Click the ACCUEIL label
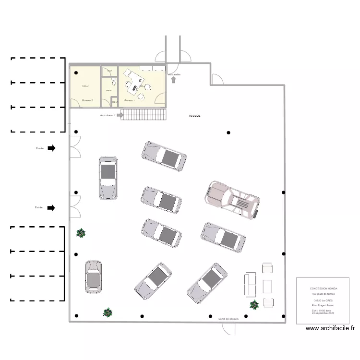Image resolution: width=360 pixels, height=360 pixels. point(195,116)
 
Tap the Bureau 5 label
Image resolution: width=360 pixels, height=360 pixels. point(87,100)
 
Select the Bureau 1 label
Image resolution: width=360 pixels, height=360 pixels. point(130,100)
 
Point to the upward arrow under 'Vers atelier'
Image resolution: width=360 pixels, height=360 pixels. point(173,80)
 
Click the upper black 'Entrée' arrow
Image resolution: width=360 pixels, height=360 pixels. point(51,148)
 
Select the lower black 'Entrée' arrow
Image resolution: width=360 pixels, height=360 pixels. point(51,208)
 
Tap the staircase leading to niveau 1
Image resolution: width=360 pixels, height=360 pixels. point(143,114)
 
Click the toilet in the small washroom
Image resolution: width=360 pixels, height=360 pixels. point(113,80)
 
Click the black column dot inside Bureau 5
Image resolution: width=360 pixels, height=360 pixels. point(76,72)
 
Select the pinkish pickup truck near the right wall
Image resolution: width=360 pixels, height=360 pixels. point(233,199)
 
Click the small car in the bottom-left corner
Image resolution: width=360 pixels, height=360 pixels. point(93,277)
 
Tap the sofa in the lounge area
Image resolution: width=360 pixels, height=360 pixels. point(251,285)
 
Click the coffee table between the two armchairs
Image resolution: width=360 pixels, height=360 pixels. point(267,287)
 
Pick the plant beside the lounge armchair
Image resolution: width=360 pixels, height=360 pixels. point(253,304)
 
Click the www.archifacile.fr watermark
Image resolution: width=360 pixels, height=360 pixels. point(330,329)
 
